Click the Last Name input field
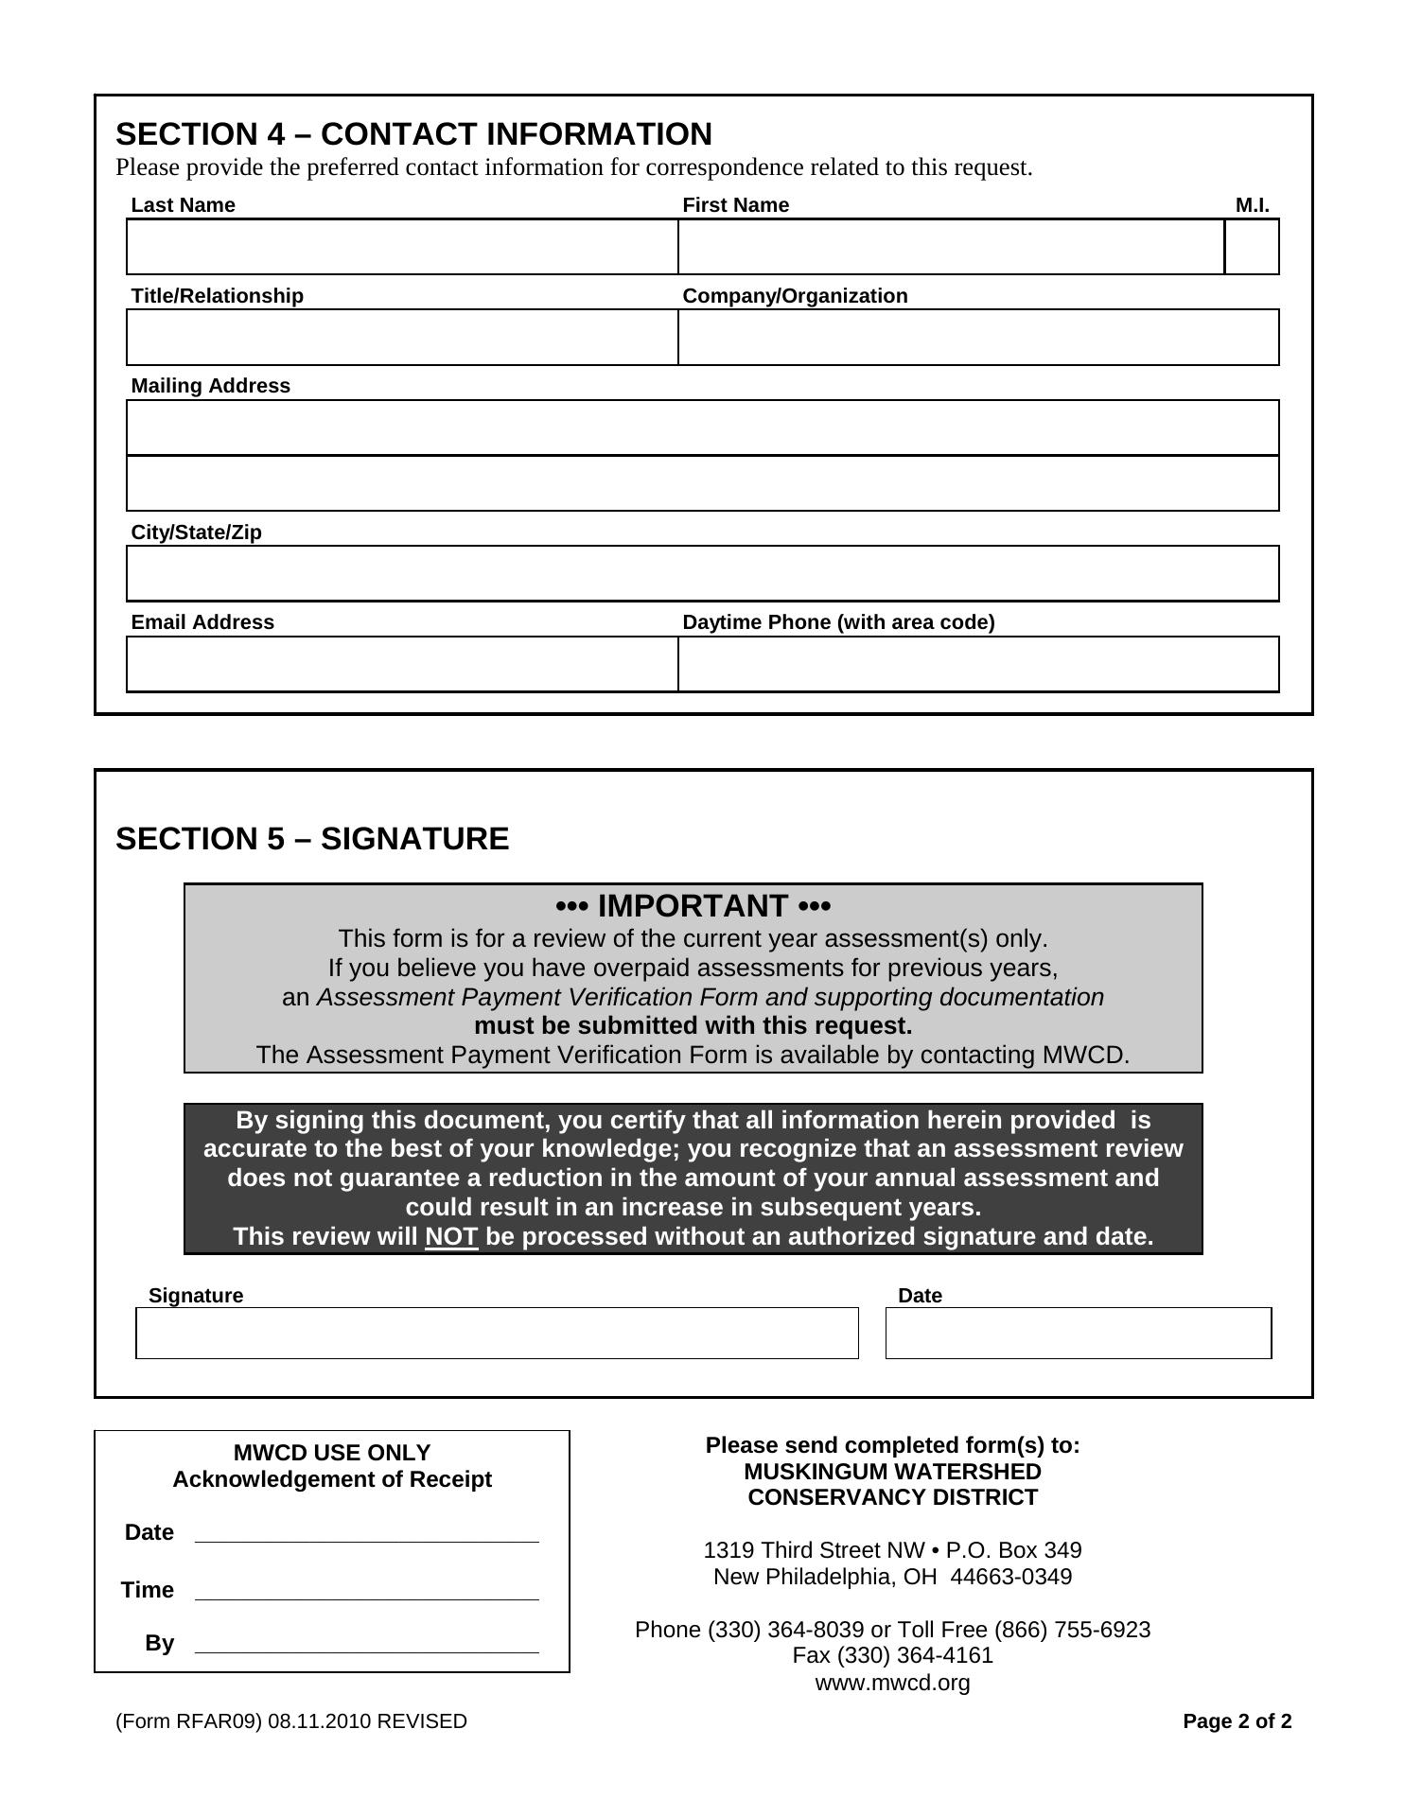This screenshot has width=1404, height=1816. pos(402,247)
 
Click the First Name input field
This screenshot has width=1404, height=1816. pos(951,247)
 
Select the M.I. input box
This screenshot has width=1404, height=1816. pos(1252,247)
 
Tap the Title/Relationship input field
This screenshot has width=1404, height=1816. pos(402,338)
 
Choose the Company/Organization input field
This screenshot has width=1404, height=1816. pos(978,338)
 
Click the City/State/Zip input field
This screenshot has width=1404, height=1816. pos(702,573)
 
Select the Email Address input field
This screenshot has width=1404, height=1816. pos(402,664)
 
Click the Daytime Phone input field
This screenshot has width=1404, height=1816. pos(978,664)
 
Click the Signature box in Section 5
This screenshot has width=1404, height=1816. pos(497,1334)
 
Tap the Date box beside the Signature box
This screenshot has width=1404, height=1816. pos(1079,1334)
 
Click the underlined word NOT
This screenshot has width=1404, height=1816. pos(451,1237)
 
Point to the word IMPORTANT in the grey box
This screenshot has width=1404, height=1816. pos(693,906)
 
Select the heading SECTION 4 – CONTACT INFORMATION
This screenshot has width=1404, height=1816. pos(413,134)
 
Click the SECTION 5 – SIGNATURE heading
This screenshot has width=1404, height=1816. pos(312,839)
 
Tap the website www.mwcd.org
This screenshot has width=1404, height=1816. pos(892,1683)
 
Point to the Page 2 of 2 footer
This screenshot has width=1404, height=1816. pos(1237,1721)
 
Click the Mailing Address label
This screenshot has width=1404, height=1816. pos(210,386)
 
